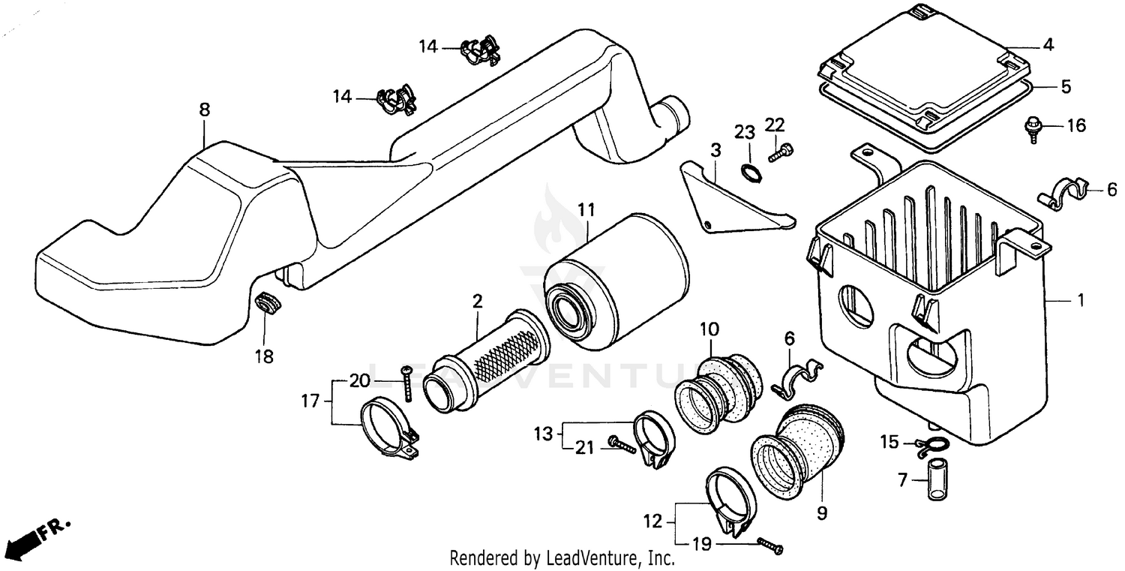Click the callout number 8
tap(204, 110)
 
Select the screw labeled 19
tap(769, 545)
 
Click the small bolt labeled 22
tap(780, 152)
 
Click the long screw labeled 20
tap(406, 383)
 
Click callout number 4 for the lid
tap(1048, 45)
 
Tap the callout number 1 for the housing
tap(1080, 301)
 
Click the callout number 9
tap(821, 513)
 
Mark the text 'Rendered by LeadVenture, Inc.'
tap(562, 558)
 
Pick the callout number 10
tap(709, 328)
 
